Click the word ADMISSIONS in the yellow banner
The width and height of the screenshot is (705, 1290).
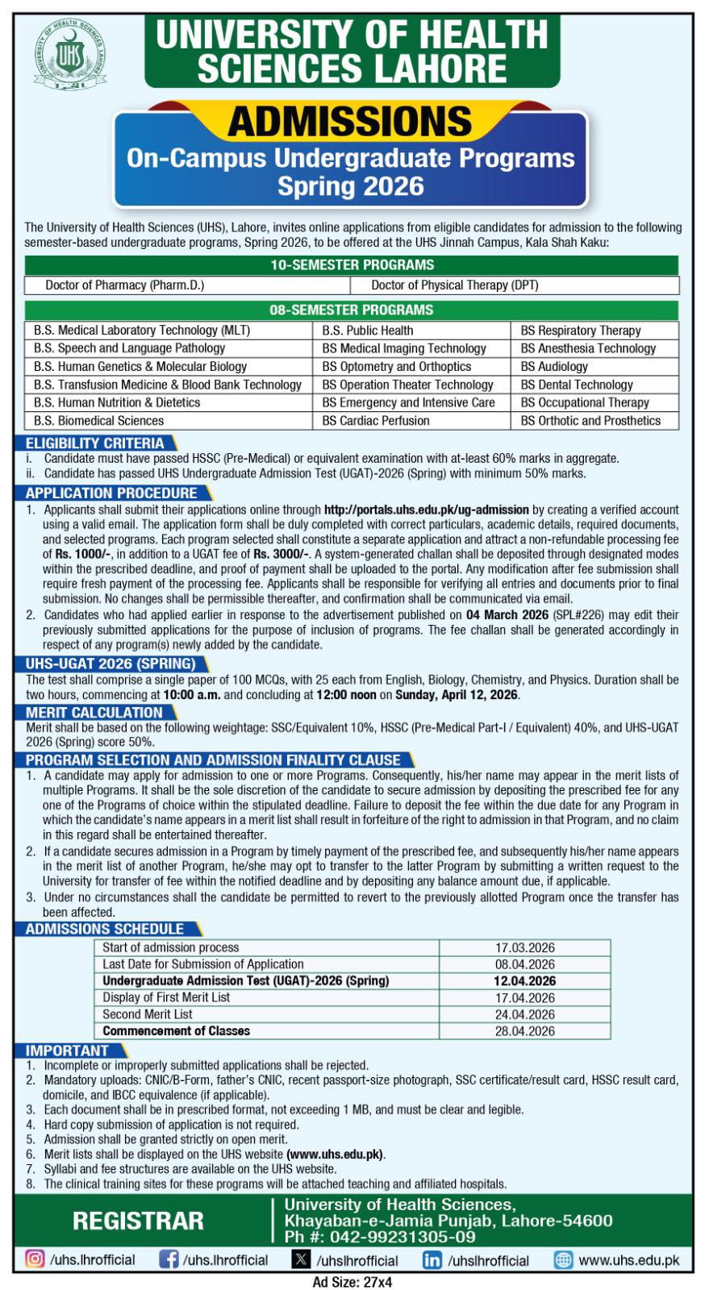click(349, 122)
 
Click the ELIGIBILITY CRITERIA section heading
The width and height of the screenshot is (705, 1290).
click(94, 443)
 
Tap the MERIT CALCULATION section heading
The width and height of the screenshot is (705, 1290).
click(94, 713)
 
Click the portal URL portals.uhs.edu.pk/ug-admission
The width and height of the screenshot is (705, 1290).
click(426, 510)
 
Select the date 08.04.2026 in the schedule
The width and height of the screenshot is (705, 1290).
click(524, 964)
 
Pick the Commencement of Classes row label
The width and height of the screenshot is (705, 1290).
click(176, 1031)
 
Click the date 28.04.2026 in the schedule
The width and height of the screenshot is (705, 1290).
click(524, 1031)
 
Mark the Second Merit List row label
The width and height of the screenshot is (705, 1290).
click(148, 1014)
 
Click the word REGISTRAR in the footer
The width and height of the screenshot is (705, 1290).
click(138, 1221)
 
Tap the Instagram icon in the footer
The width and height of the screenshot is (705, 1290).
click(35, 1259)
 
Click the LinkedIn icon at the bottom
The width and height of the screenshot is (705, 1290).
click(432, 1260)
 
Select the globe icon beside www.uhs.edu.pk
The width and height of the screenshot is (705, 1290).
click(564, 1260)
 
